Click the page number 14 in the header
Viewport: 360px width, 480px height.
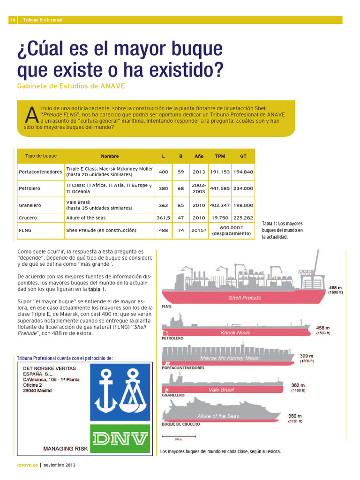(x=13, y=20)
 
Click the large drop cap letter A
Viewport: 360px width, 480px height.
(x=31, y=115)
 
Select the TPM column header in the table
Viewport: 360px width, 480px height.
(x=220, y=156)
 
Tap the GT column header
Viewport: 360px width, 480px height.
(x=243, y=156)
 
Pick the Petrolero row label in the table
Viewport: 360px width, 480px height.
(x=30, y=188)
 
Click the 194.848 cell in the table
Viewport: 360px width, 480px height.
(x=243, y=172)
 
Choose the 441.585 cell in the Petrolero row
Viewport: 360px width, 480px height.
(x=220, y=188)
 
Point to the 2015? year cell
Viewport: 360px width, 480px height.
(x=199, y=231)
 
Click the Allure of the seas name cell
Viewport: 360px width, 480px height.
(x=86, y=218)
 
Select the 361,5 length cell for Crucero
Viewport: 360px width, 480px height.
(x=163, y=218)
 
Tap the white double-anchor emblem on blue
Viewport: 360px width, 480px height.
(x=120, y=392)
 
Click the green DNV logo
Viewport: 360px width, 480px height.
(x=120, y=439)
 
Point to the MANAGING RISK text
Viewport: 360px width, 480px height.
(x=65, y=449)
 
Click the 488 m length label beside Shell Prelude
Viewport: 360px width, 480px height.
(x=335, y=287)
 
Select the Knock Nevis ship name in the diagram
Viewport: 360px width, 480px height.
(x=235, y=333)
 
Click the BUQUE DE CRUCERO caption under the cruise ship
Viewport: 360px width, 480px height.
(x=180, y=424)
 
